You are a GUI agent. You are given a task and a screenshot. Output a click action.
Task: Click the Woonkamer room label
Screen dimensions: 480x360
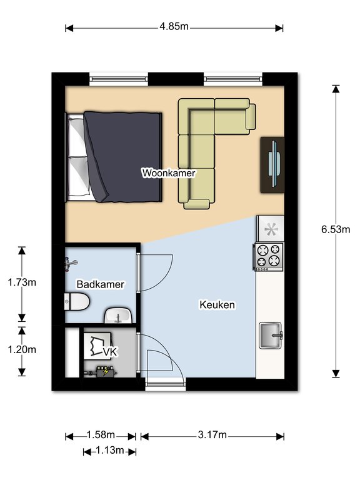coord(169,172)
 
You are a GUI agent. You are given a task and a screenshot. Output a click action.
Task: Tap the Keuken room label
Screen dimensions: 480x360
coord(217,305)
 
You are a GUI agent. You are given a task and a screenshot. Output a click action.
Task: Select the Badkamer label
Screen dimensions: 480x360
coord(100,284)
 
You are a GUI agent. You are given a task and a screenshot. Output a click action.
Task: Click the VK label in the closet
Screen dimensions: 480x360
coord(110,352)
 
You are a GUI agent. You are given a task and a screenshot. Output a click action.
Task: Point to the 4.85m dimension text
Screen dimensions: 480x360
coord(174,27)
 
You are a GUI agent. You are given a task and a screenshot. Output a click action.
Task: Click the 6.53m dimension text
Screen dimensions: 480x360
coord(336,229)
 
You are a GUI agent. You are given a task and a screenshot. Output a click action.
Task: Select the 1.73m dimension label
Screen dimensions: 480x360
coord(22,282)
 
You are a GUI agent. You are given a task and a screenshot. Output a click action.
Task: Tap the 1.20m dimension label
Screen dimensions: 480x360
coord(22,349)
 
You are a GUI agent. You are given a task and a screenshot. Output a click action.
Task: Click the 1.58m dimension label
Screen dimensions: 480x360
coord(101,435)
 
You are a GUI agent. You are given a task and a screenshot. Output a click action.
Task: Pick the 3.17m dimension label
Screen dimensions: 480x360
coord(212,435)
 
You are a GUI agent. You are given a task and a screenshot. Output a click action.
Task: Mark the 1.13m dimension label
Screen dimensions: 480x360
coord(109,450)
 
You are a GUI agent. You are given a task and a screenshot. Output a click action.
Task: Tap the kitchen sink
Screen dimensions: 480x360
coord(271,336)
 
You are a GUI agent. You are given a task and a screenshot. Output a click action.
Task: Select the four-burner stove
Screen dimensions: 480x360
coord(269,256)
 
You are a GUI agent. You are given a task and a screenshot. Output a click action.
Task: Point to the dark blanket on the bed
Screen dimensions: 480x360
coord(125,156)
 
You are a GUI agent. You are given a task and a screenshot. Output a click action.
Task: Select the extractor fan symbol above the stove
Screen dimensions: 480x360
coord(271,229)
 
